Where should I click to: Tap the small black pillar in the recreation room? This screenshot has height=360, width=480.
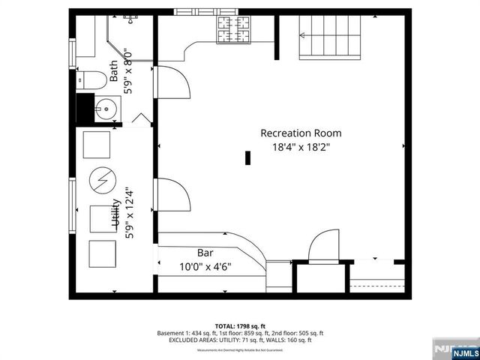coord(247,157)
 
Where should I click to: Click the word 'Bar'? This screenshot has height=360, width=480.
coord(205,253)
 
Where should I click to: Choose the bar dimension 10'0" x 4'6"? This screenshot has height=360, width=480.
coord(205,266)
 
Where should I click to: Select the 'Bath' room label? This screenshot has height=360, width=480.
coord(114,71)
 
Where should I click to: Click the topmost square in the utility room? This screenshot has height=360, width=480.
coord(96,144)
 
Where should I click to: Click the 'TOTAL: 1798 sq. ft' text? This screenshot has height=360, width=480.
coord(240,325)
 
